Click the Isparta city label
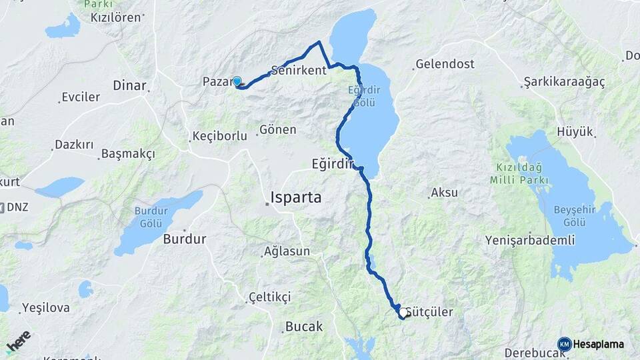click(296, 197)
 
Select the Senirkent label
click(299, 70)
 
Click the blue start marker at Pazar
click(237, 81)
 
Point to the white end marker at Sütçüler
click(403, 312)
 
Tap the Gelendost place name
click(445, 65)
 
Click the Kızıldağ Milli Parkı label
click(519, 173)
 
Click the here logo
click(19, 341)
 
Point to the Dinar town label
click(129, 85)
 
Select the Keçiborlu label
click(219, 136)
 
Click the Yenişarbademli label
click(530, 240)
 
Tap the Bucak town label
click(303, 327)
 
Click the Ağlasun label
click(287, 251)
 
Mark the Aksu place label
click(444, 193)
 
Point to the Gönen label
click(277, 129)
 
